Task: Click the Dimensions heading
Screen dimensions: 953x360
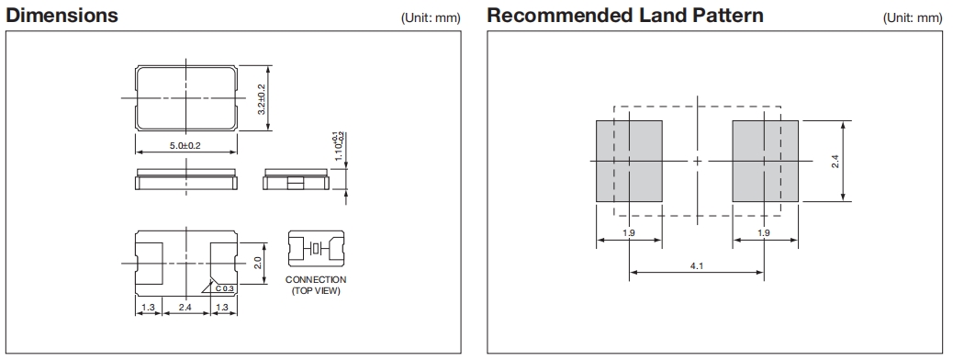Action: [x=62, y=15]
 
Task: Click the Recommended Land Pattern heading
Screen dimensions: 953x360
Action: [x=625, y=15]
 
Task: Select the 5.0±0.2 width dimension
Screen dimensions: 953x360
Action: [x=185, y=146]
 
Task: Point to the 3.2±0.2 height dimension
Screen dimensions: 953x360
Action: [x=261, y=98]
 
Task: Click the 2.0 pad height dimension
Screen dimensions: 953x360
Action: [x=257, y=263]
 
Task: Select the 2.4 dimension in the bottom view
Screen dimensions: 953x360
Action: [x=185, y=308]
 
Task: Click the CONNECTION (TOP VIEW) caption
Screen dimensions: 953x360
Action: [x=316, y=286]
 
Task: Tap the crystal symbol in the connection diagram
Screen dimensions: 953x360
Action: [x=316, y=248]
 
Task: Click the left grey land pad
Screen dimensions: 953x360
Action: [x=628, y=161]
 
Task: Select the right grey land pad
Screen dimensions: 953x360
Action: [x=765, y=161]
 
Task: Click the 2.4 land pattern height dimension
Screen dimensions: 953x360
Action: [x=835, y=161]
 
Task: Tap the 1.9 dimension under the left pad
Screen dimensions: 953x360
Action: [x=628, y=233]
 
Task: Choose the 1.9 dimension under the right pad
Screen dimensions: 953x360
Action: [x=765, y=233]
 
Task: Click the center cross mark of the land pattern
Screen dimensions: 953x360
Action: [x=697, y=161]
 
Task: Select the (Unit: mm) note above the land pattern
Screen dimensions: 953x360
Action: [x=913, y=18]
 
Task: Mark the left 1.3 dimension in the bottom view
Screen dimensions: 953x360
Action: [x=148, y=308]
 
